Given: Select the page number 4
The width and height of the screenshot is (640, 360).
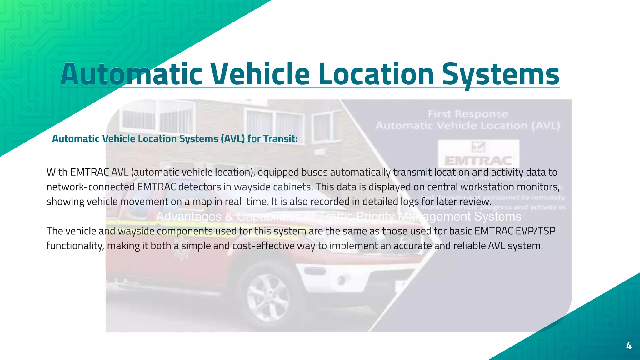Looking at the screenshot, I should [x=629, y=346].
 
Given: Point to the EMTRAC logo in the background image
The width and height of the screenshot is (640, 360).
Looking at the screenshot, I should [x=478, y=154].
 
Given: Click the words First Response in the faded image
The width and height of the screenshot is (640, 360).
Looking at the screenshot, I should [x=468, y=114].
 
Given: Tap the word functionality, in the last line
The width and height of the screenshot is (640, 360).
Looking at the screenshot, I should [x=75, y=246].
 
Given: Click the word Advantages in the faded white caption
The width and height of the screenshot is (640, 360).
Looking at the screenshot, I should [x=189, y=216].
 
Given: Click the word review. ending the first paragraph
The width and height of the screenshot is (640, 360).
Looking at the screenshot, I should [x=475, y=202].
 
